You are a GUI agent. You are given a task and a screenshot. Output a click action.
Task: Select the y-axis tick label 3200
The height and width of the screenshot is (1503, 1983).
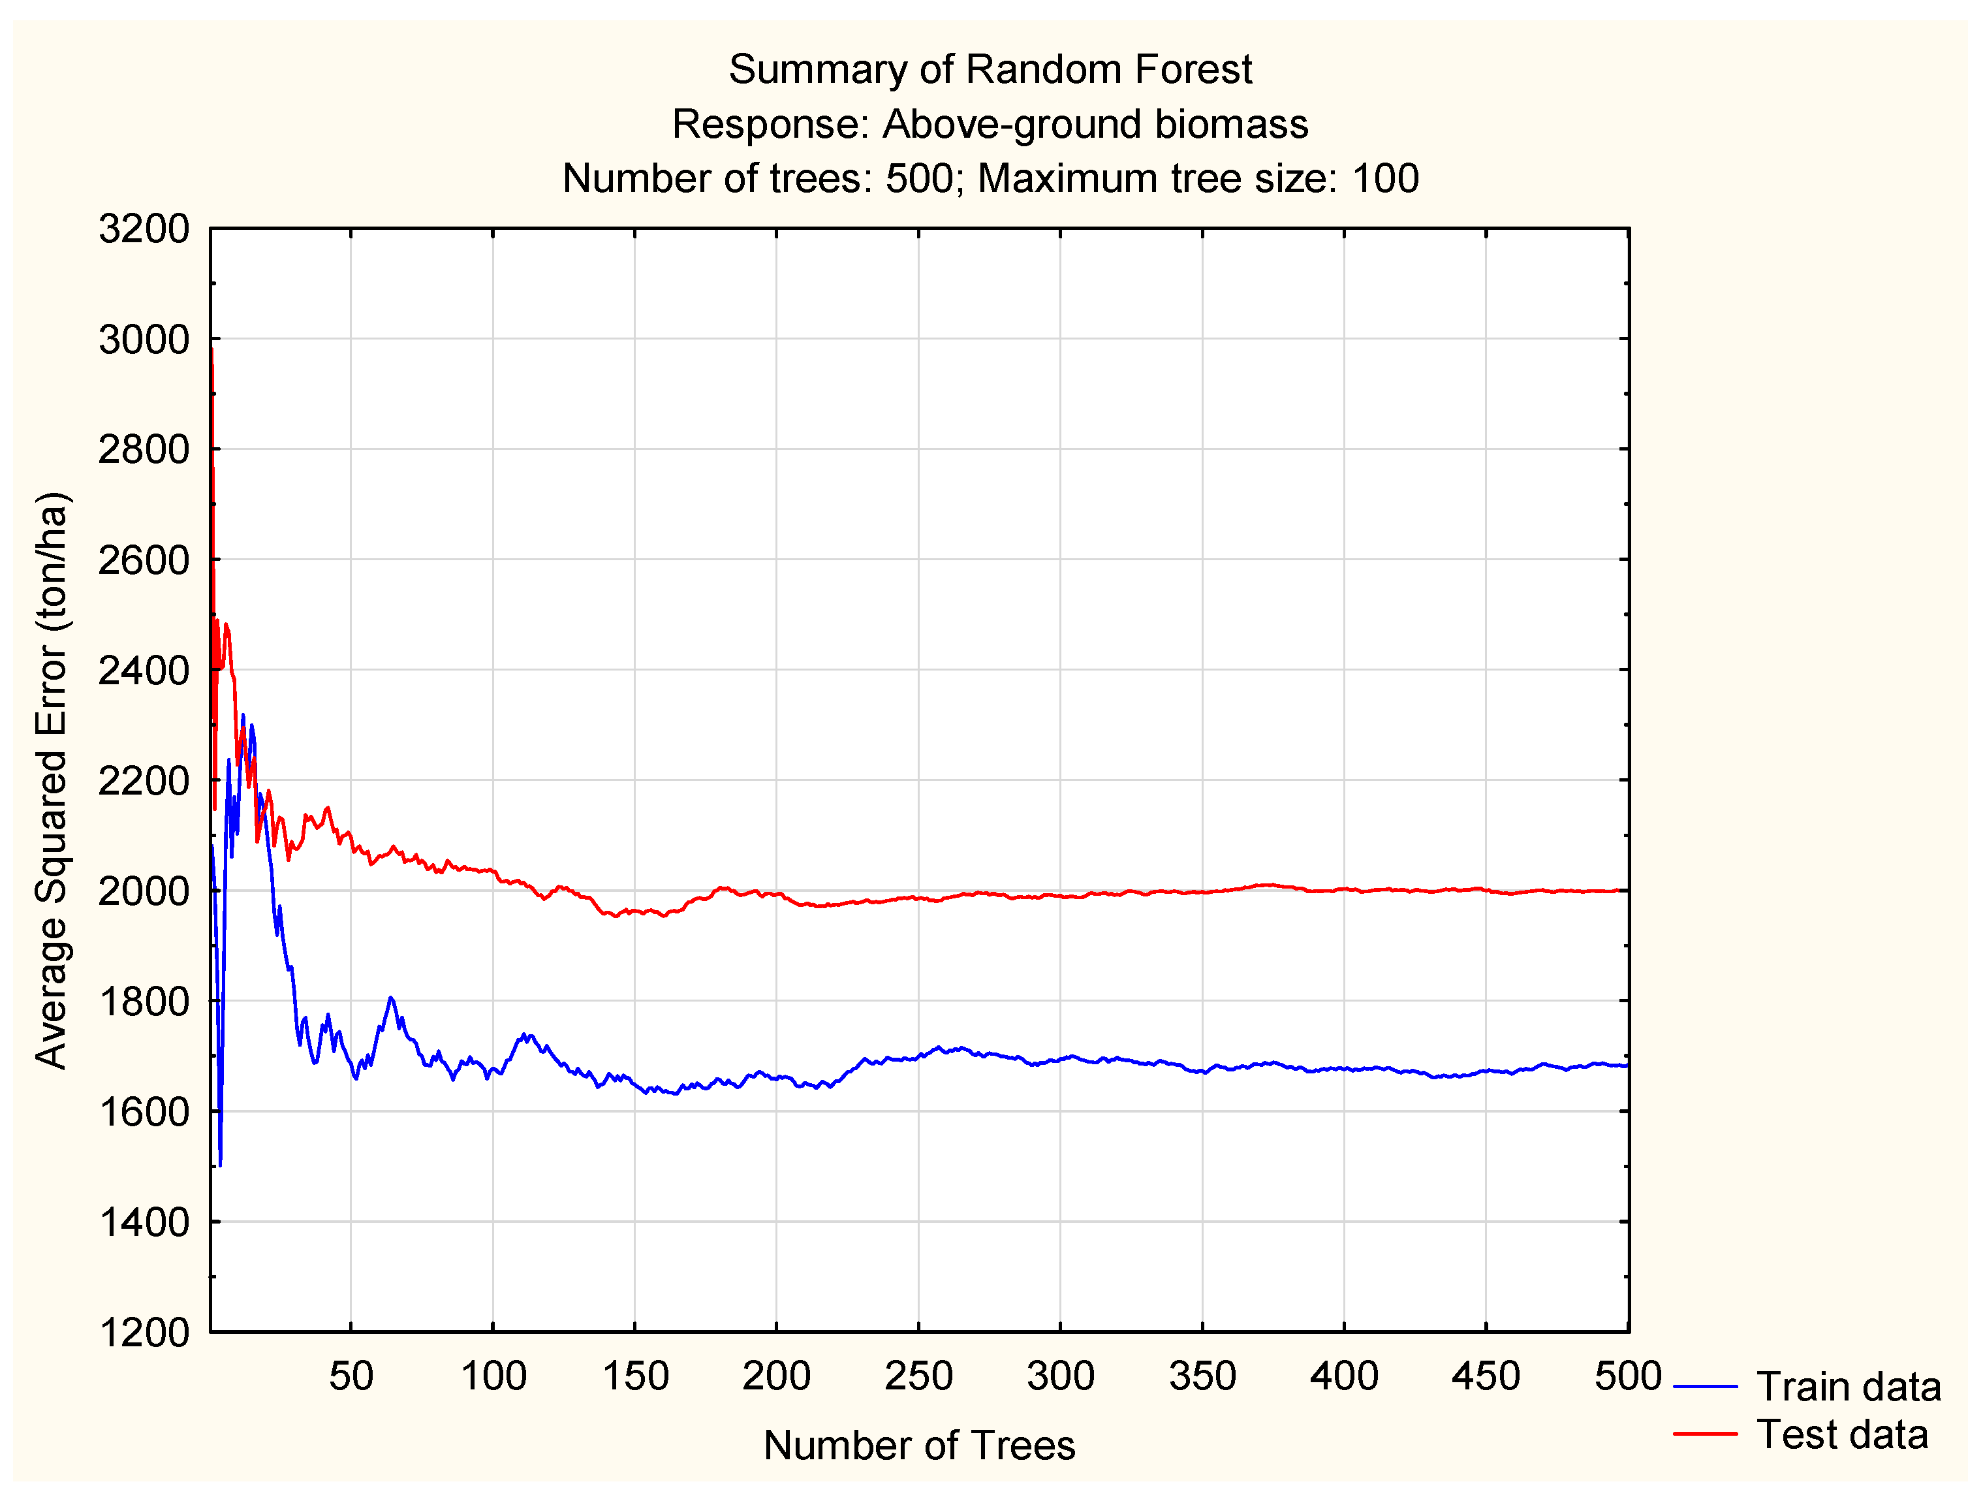pyautogui.click(x=144, y=230)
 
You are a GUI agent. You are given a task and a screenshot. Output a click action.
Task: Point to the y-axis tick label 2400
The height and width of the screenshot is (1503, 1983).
pyautogui.click(x=144, y=670)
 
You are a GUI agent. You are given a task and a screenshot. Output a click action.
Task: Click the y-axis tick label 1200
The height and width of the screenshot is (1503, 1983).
pyautogui.click(x=144, y=1333)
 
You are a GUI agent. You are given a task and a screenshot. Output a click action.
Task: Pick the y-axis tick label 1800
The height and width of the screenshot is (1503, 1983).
pyautogui.click(x=144, y=1001)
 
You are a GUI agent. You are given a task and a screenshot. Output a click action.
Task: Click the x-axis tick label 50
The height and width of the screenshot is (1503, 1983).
pyautogui.click(x=351, y=1376)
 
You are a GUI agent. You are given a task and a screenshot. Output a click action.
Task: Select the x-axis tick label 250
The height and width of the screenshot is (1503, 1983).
pyautogui.click(x=918, y=1376)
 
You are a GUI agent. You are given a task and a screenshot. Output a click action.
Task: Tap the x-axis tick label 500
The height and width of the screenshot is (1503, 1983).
pyautogui.click(x=1628, y=1376)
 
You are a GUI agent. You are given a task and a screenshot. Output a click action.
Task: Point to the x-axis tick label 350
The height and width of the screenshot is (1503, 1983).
pyautogui.click(x=1202, y=1376)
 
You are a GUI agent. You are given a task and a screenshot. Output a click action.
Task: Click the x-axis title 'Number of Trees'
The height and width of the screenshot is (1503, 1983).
pyautogui.click(x=919, y=1446)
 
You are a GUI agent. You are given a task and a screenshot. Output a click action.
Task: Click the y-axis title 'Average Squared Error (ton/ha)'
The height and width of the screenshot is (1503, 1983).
pyautogui.click(x=52, y=780)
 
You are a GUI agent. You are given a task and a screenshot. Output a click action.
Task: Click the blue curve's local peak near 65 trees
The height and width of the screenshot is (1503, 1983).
pyautogui.click(x=391, y=998)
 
